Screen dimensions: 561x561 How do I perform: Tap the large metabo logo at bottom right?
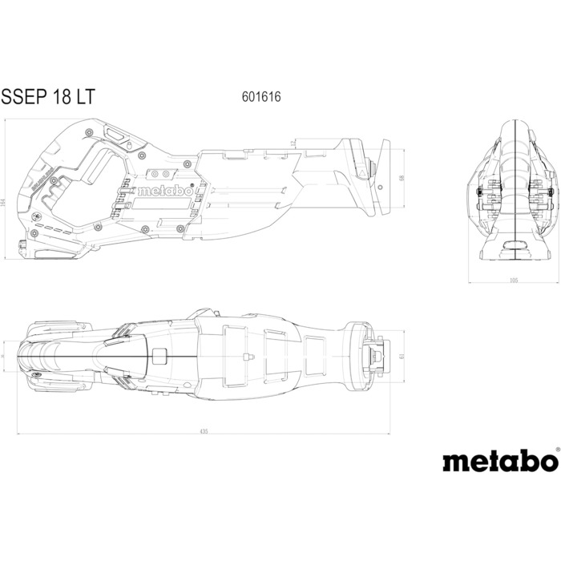point(498,462)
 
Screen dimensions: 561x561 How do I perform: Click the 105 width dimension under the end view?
point(514,280)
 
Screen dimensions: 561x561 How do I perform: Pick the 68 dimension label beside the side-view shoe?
point(401,178)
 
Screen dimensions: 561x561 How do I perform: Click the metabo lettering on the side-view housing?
point(164,192)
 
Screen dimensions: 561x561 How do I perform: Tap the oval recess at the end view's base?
point(513,246)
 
